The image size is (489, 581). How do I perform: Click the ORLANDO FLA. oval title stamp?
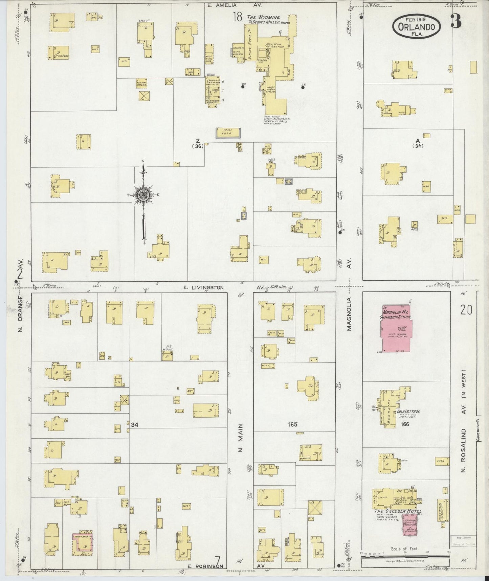[417, 26]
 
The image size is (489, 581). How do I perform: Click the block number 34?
[134, 424]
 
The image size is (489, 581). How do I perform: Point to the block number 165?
[293, 424]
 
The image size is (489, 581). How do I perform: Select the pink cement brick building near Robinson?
[82, 544]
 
